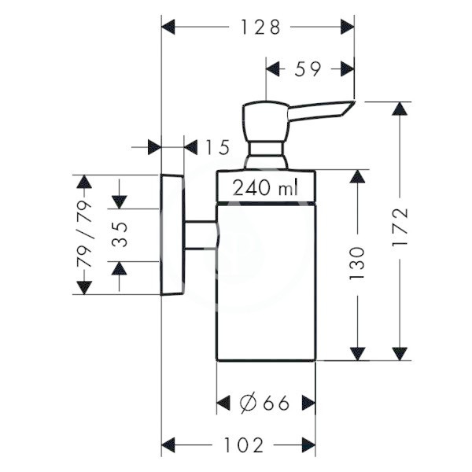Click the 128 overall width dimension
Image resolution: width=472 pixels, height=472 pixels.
pos(261,27)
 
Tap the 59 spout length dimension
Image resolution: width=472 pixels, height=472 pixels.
pos(308,69)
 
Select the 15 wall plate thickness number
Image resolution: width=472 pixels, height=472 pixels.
pos(217,147)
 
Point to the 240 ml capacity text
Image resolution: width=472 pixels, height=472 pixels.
pos(266,187)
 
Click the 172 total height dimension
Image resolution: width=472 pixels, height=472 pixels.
pos(400,227)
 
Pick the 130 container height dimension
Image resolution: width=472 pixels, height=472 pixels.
pos(357,264)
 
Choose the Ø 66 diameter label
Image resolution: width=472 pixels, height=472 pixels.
pos(264,403)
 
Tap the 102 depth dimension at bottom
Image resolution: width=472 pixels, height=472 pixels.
pos(244,445)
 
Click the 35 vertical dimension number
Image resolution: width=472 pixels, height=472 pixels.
pos(120,234)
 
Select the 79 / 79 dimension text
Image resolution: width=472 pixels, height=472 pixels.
pos(84,234)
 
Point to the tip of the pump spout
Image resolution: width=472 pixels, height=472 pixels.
pos(355,101)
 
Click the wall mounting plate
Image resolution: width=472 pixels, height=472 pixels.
pos(172,234)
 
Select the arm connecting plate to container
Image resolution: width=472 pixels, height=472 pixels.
pos(200,234)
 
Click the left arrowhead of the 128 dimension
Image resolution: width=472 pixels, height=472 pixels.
pos(168,27)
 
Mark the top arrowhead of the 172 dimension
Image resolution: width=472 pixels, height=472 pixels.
pos(400,109)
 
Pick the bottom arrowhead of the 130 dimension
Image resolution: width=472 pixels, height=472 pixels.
pos(358,354)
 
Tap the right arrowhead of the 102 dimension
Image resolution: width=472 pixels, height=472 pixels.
pos(308,445)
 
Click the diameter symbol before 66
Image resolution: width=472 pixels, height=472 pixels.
pos(248,403)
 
